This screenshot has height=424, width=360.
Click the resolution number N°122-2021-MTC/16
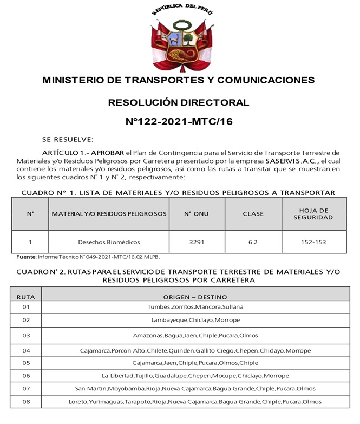tap(179, 122)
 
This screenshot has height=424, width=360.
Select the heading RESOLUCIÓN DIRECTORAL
tap(179, 102)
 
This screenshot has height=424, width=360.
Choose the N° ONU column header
tap(196, 214)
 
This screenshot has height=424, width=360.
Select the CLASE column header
tap(253, 214)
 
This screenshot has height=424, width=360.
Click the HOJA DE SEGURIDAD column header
tap(313, 214)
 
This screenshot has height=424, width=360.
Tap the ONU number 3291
tap(196, 242)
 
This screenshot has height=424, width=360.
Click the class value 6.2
tap(253, 242)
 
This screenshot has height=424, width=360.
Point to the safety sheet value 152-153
tap(313, 242)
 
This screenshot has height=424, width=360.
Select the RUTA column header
tap(25, 297)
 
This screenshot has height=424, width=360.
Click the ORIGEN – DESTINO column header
tap(195, 297)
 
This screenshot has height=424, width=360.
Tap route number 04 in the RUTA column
tap(25, 350)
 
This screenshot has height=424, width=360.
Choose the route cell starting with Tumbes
tap(195, 307)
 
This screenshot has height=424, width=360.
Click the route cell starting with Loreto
tap(195, 402)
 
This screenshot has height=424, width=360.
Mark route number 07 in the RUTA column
tap(25, 389)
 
